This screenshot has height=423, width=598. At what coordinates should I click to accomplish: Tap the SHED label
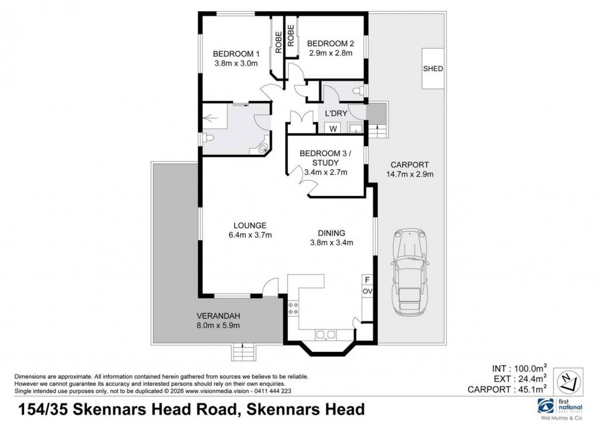tap(433, 69)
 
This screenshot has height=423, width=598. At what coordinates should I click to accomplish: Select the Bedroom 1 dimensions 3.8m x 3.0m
tap(236, 64)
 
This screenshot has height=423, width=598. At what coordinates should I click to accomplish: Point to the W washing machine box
tap(333, 128)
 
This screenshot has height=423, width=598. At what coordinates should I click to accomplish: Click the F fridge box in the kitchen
tap(367, 279)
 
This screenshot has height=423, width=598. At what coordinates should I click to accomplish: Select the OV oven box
tap(367, 291)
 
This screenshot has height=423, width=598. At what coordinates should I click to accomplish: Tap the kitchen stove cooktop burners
tap(293, 308)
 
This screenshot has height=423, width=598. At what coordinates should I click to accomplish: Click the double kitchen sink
tap(325, 334)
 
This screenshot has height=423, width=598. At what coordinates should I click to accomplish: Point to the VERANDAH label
tap(218, 316)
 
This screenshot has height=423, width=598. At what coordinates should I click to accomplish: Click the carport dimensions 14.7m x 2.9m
tap(409, 174)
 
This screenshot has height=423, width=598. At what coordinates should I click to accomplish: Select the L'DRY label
tap(336, 114)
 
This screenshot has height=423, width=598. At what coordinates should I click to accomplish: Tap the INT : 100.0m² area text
tap(519, 369)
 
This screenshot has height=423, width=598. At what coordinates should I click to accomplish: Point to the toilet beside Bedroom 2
tap(359, 90)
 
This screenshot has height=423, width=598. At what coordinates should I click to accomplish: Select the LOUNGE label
tap(250, 226)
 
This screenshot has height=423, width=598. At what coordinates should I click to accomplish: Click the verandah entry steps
tap(243, 351)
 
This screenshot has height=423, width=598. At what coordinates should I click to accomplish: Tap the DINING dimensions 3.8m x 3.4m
tap(332, 242)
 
